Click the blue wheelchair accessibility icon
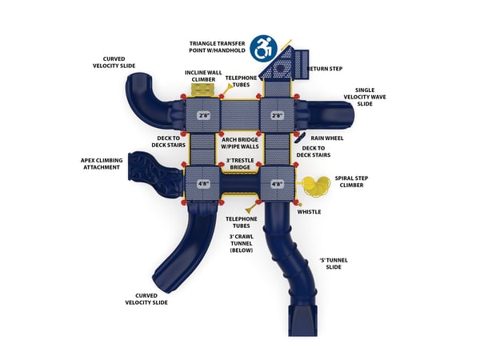(262, 47)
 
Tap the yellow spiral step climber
(314, 186)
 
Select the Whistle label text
(309, 212)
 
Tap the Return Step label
(325, 69)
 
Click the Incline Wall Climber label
(203, 76)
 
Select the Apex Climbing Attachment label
(102, 164)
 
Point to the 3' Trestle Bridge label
(239, 164)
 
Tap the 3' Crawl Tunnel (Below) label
(241, 243)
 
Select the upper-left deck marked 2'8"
(203, 115)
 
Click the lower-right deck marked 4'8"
(278, 184)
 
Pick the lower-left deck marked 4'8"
(202, 184)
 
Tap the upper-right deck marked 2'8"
(278, 115)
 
